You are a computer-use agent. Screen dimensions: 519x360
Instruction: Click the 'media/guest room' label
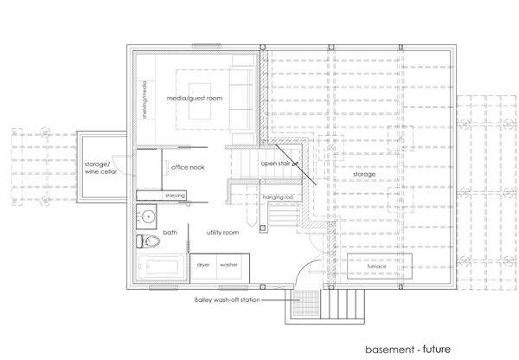[195, 98]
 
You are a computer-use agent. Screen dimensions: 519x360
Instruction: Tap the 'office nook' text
[188, 167]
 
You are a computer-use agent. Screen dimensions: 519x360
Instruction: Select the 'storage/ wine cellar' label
[100, 168]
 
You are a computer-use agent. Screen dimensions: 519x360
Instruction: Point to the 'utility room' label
[222, 233]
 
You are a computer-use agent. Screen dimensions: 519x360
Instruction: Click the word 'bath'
[170, 233]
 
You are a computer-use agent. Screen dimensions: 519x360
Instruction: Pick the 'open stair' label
[275, 164]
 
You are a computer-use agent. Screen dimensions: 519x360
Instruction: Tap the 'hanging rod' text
[278, 197]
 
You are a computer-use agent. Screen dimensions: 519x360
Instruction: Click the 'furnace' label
[376, 267]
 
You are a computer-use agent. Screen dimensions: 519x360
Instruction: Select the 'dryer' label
[203, 265]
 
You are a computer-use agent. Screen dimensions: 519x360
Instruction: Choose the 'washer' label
[228, 265]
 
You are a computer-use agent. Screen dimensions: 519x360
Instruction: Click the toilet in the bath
[148, 241]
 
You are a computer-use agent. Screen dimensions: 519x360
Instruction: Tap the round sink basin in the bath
[149, 217]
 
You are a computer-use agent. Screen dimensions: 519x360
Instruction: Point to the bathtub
[161, 267]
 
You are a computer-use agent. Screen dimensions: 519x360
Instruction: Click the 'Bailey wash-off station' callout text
[227, 300]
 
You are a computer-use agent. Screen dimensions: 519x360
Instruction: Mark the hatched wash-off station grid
[306, 303]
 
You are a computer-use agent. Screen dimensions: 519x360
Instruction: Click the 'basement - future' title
[407, 350]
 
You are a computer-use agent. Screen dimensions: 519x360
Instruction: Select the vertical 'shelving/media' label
[144, 100]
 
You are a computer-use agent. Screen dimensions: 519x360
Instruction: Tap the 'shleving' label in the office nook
[175, 196]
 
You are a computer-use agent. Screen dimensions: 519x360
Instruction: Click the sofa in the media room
[242, 100]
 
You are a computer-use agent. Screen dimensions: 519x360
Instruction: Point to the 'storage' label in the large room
[364, 174]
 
